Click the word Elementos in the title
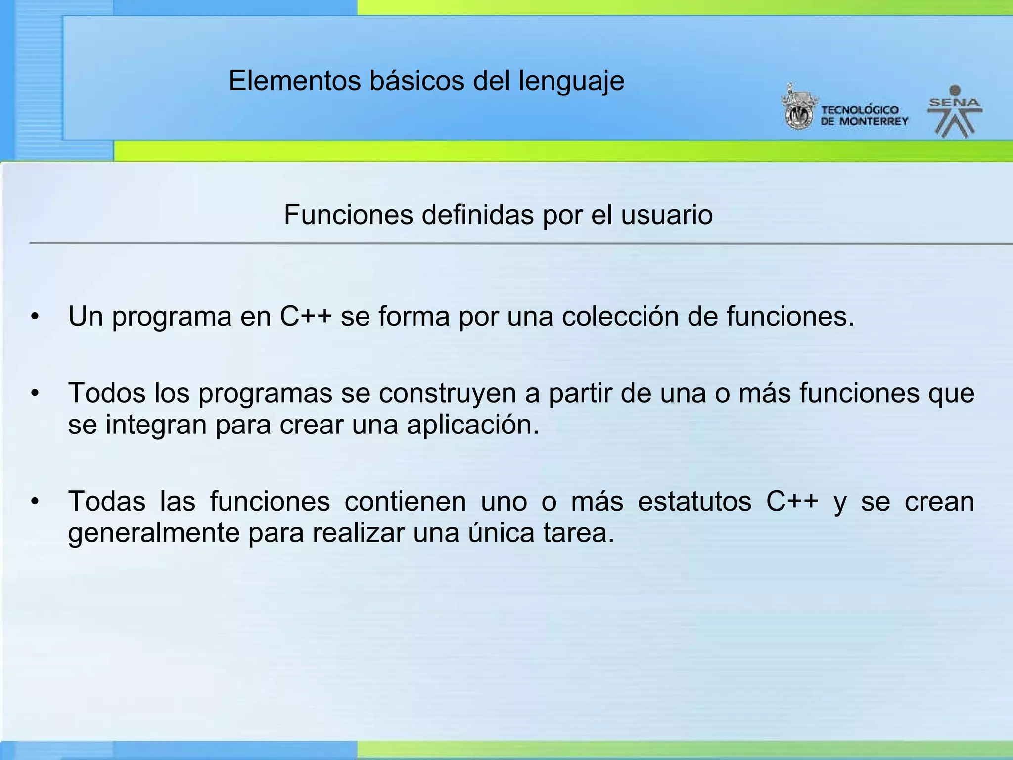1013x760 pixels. pos(295,81)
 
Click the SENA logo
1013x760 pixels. pos(955,112)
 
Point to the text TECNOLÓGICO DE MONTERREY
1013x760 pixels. pos(864,116)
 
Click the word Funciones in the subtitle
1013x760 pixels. pos(348,215)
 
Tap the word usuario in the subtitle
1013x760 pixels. pos(667,215)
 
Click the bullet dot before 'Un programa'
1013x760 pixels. pos(34,316)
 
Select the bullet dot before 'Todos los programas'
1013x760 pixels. pos(34,393)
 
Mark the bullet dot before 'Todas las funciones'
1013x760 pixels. pos(34,502)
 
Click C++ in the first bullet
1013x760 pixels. pos(305,316)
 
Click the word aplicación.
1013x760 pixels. pos(472,425)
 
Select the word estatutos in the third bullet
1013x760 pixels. pos(694,502)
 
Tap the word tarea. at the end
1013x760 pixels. pos(579,533)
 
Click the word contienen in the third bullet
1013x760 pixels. pos(405,502)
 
